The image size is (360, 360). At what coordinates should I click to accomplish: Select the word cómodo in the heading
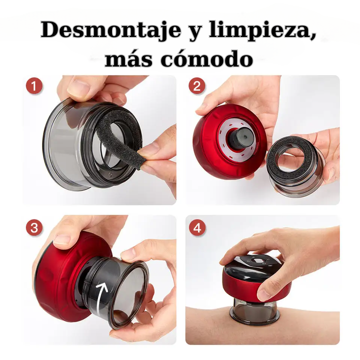(x=206, y=59)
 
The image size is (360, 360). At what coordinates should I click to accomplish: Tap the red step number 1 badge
(x=34, y=86)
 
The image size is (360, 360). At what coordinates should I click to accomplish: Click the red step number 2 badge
(x=197, y=86)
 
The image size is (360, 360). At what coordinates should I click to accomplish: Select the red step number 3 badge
(x=34, y=228)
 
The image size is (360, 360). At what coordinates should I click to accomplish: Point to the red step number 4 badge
(x=197, y=228)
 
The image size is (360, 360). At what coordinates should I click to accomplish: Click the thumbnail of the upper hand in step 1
(x=77, y=86)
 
